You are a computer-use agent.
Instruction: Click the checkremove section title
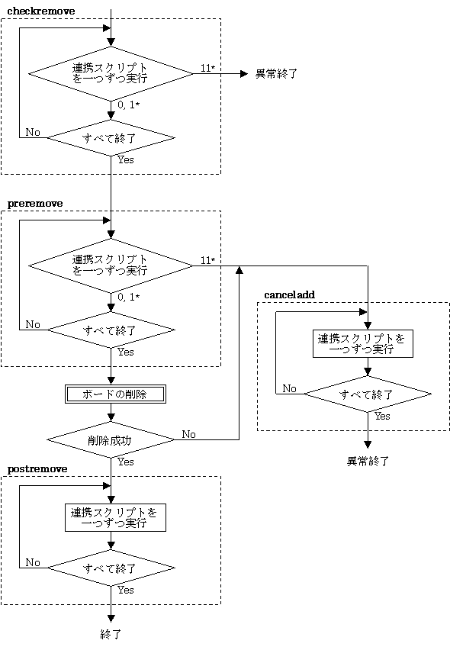tap(41, 11)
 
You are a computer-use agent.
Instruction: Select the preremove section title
tap(35, 204)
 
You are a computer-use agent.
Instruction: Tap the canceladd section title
tap(289, 294)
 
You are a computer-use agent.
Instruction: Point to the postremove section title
tap(37, 469)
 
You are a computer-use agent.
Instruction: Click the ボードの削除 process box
tap(115, 394)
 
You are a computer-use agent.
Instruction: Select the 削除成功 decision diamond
tap(111, 440)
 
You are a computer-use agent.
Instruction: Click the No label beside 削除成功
tap(188, 434)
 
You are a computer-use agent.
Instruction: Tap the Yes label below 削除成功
tap(126, 462)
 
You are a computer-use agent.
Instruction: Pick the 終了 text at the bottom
tap(111, 634)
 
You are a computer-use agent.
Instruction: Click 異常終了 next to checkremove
tap(276, 74)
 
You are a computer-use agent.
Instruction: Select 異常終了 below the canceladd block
tap(368, 461)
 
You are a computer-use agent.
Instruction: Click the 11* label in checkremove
tap(208, 68)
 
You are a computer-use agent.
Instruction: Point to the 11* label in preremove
tap(208, 260)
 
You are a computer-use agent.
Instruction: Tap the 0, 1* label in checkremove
tap(128, 105)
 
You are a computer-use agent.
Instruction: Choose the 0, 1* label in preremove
tap(128, 298)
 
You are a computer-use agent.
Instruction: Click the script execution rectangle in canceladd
tap(362, 343)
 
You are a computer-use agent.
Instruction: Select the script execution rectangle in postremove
tap(115, 517)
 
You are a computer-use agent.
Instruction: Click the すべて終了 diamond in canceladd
tap(368, 394)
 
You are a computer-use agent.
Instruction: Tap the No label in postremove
tap(33, 562)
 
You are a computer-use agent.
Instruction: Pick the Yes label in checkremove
tap(126, 159)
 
